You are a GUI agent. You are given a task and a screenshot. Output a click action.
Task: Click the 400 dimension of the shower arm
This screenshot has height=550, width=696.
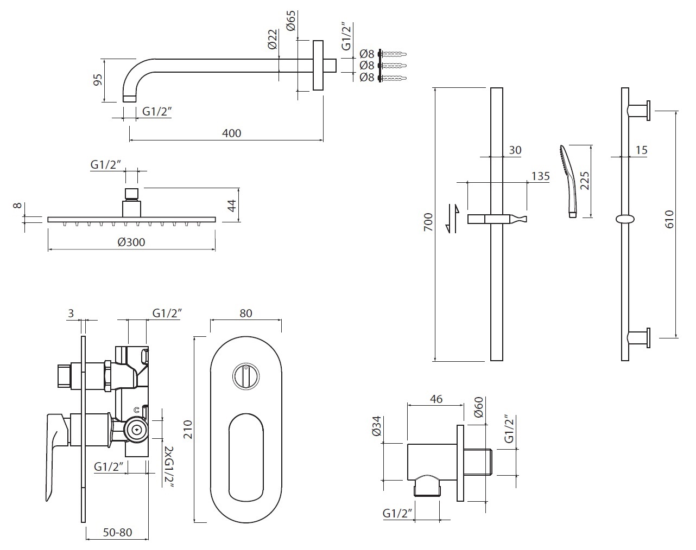pyautogui.click(x=232, y=133)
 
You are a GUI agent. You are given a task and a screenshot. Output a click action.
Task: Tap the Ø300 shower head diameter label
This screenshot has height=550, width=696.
pyautogui.click(x=131, y=242)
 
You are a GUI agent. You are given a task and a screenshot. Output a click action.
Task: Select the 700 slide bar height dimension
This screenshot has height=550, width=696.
pyautogui.click(x=428, y=222)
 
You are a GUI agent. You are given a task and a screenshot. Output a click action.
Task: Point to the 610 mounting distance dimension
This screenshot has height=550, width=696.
pyautogui.click(x=669, y=219)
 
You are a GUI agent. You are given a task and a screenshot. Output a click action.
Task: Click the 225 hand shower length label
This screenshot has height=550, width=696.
pyautogui.click(x=584, y=179)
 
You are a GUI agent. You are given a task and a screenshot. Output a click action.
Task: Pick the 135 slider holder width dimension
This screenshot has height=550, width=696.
pyautogui.click(x=541, y=176)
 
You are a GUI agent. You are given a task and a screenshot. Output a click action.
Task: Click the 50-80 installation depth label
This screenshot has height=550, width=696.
pyautogui.click(x=117, y=532)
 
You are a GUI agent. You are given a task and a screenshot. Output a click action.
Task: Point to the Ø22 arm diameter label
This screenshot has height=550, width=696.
pyautogui.click(x=273, y=39)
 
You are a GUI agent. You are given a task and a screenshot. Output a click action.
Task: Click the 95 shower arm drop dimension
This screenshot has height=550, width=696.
pyautogui.click(x=98, y=80)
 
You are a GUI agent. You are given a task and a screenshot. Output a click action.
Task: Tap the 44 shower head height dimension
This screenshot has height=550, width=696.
pyautogui.click(x=231, y=206)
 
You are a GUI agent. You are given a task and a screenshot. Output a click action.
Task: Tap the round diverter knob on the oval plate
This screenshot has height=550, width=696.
pyautogui.click(x=245, y=376)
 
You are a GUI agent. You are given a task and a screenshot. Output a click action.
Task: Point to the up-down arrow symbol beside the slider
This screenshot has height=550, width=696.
pyautogui.click(x=452, y=218)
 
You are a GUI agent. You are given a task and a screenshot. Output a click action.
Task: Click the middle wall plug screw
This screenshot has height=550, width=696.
pyautogui.click(x=394, y=66)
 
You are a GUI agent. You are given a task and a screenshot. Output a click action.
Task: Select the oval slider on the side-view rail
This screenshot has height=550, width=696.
pyautogui.click(x=625, y=219)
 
